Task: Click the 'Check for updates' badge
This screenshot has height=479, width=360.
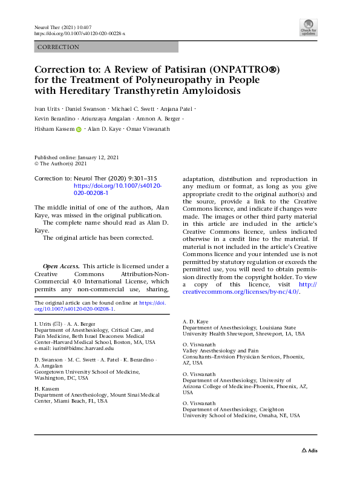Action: point(309,27)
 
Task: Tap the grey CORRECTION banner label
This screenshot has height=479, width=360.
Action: point(58,47)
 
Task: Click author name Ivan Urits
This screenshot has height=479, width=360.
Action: point(49,109)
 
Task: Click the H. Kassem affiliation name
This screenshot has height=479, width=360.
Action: point(45,388)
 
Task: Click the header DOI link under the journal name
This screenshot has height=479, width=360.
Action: point(79,35)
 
